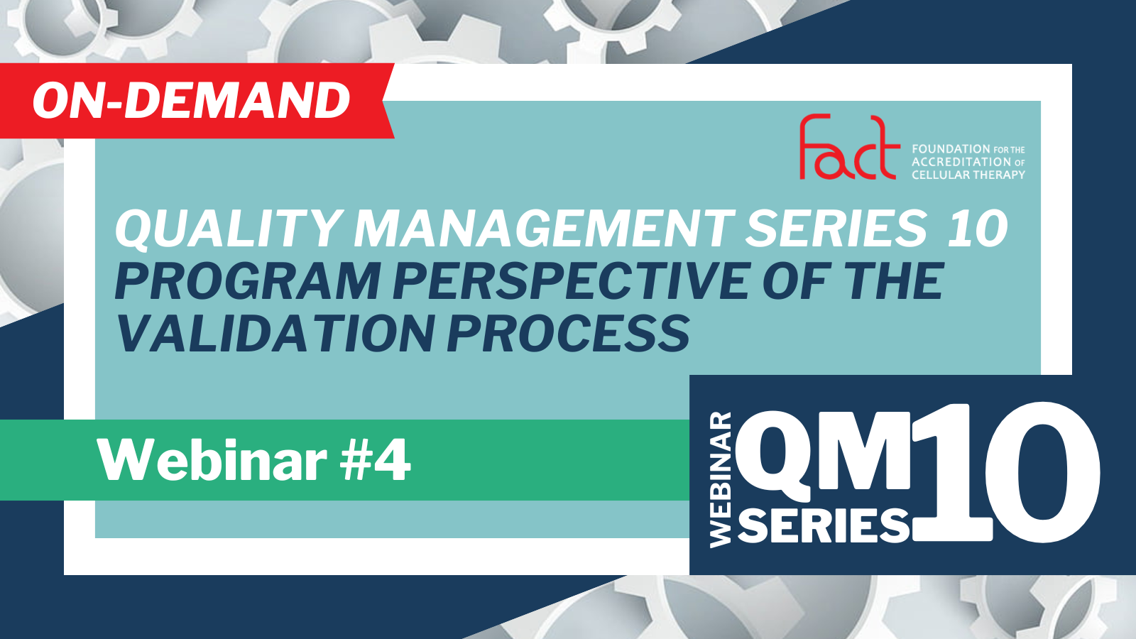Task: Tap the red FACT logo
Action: tap(849, 147)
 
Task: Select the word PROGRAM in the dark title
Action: tap(248, 281)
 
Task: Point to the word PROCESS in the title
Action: tap(568, 333)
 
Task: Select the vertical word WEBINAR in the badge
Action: tap(721, 480)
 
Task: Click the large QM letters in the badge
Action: tap(823, 451)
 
